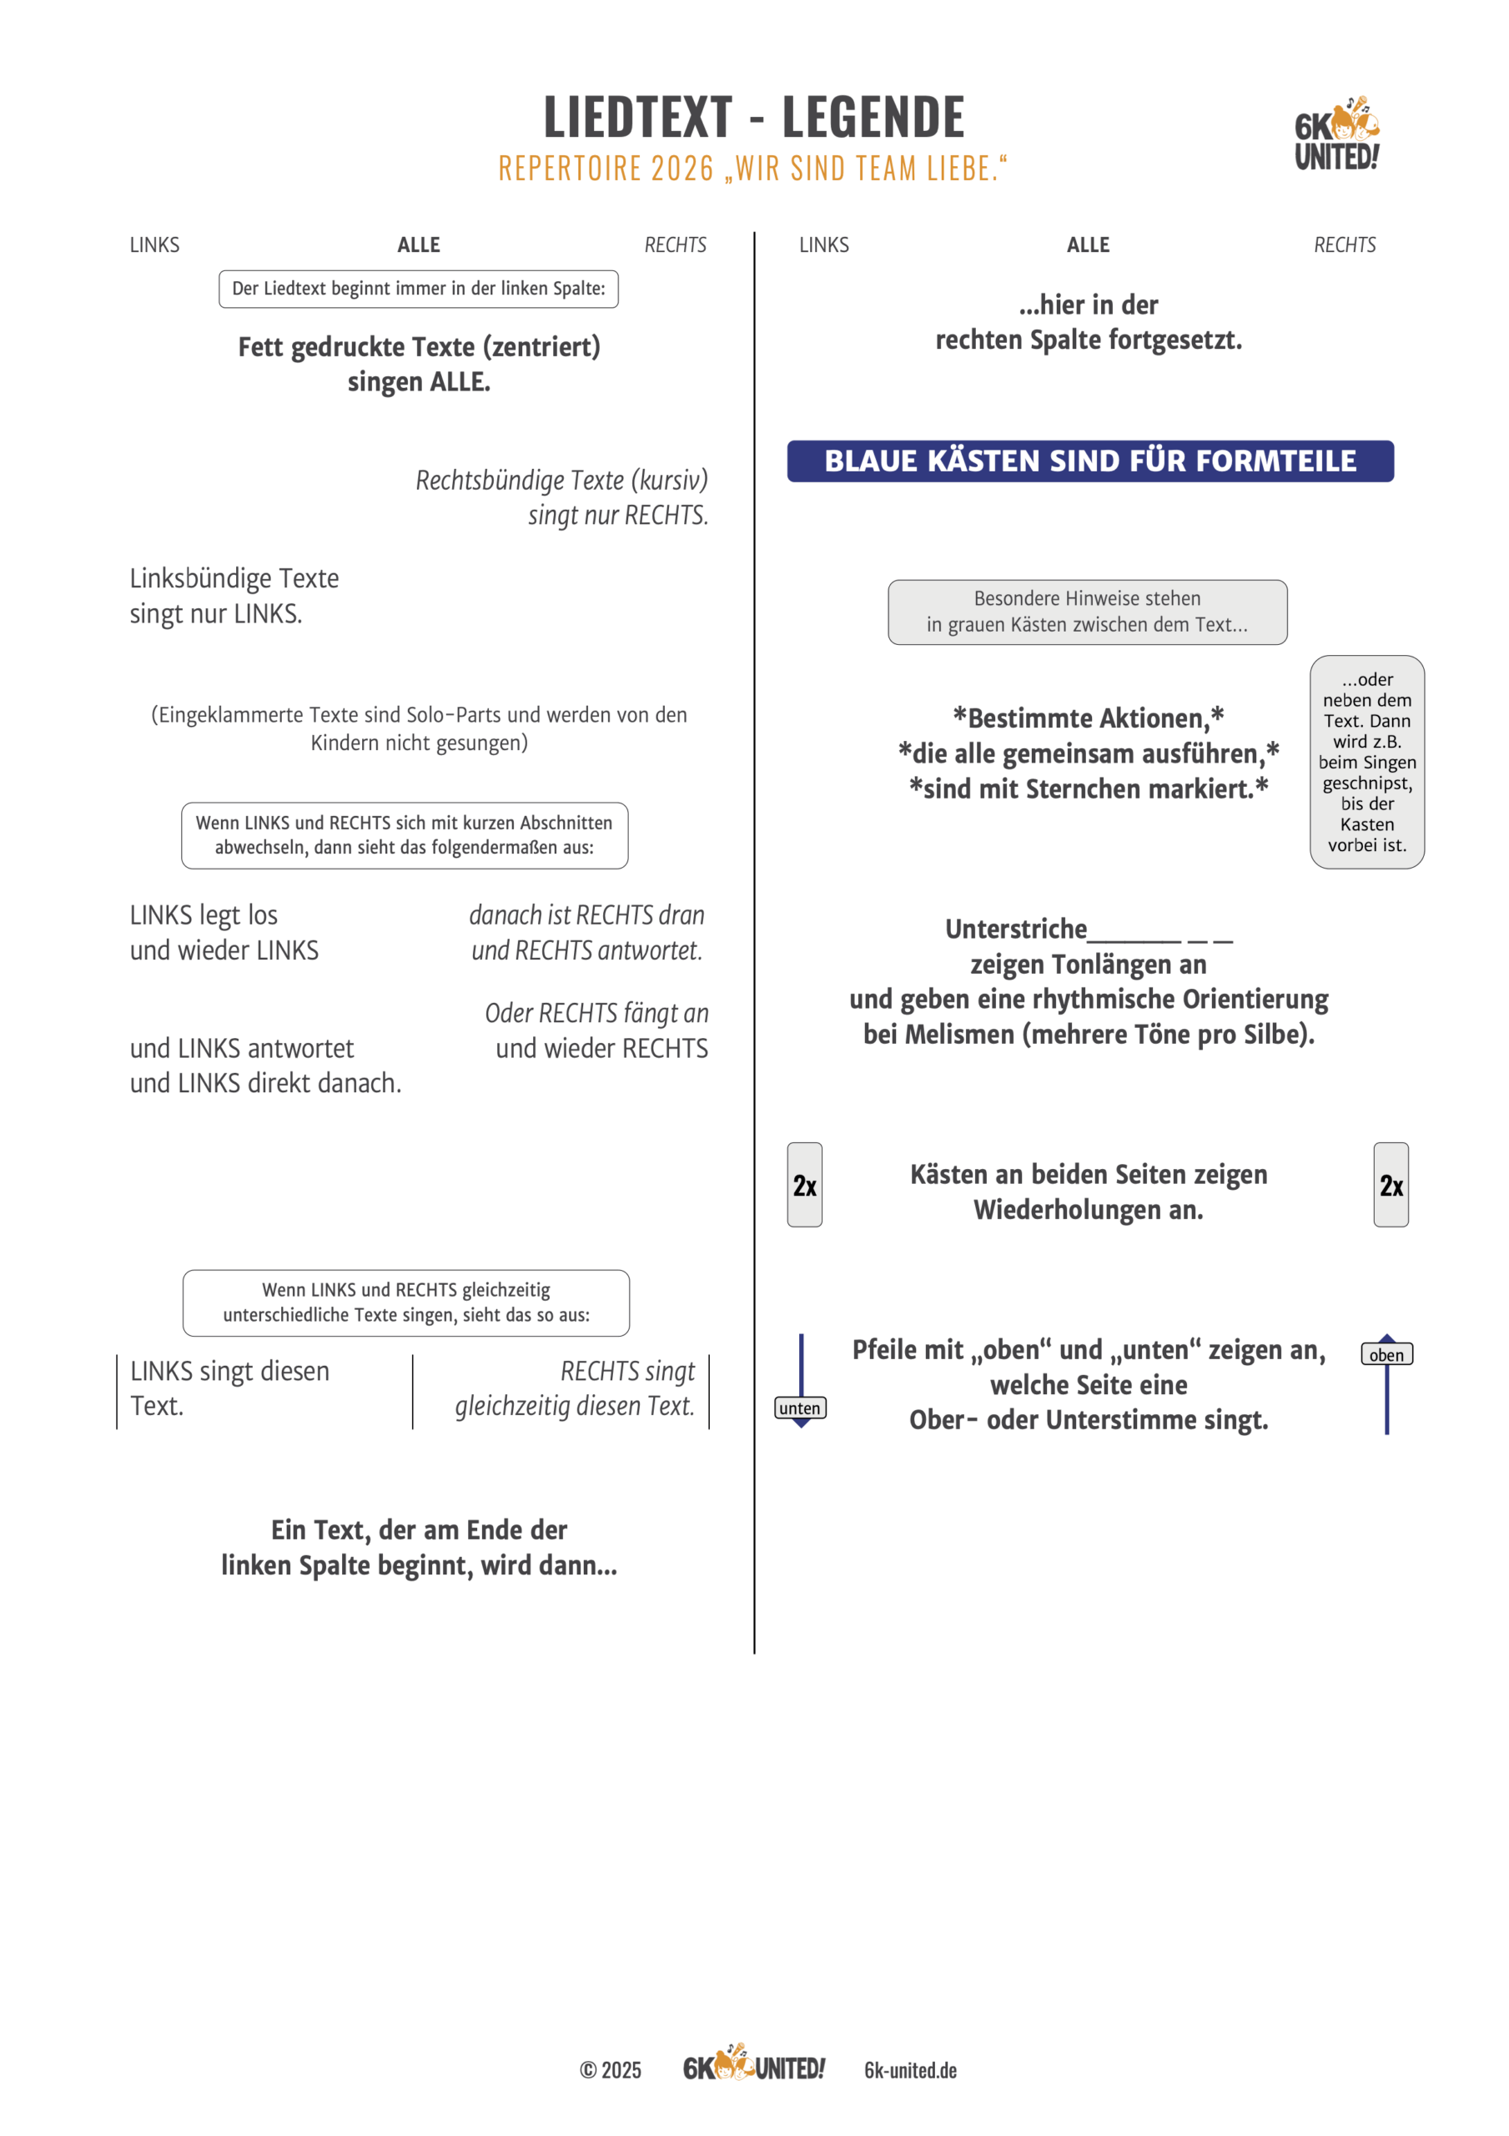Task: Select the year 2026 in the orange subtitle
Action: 682,169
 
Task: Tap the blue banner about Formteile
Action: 1089,461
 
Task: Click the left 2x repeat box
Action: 804,1184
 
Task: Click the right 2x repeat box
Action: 1390,1184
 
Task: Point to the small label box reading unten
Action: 800,1408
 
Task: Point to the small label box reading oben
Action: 1386,1354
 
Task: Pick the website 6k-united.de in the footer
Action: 910,2070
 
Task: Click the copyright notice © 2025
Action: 611,2070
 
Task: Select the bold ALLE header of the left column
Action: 419,245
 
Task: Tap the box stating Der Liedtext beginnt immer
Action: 419,290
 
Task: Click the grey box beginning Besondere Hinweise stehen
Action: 1087,612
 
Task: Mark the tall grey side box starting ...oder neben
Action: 1366,762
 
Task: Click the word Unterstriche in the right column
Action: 1015,929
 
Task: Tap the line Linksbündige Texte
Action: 234,579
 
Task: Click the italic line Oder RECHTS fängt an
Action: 596,1013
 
